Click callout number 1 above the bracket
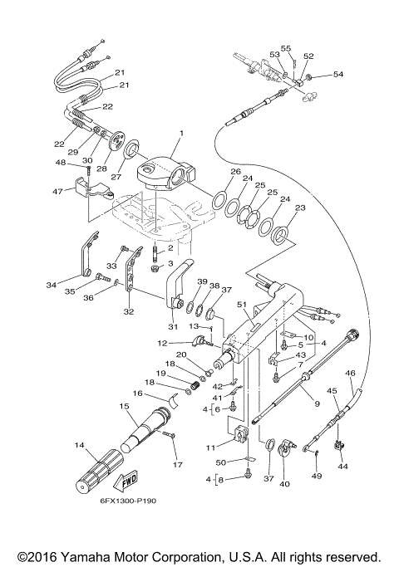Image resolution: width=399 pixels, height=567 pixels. pos(180,133)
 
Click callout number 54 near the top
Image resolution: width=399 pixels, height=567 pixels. pos(337,75)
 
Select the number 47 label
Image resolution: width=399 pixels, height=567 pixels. pos(57,191)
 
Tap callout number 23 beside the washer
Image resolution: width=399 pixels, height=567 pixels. pos(300,208)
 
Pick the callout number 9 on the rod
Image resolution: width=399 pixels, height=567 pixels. pos(316,403)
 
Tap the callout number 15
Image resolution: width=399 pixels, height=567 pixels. pos(124,406)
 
